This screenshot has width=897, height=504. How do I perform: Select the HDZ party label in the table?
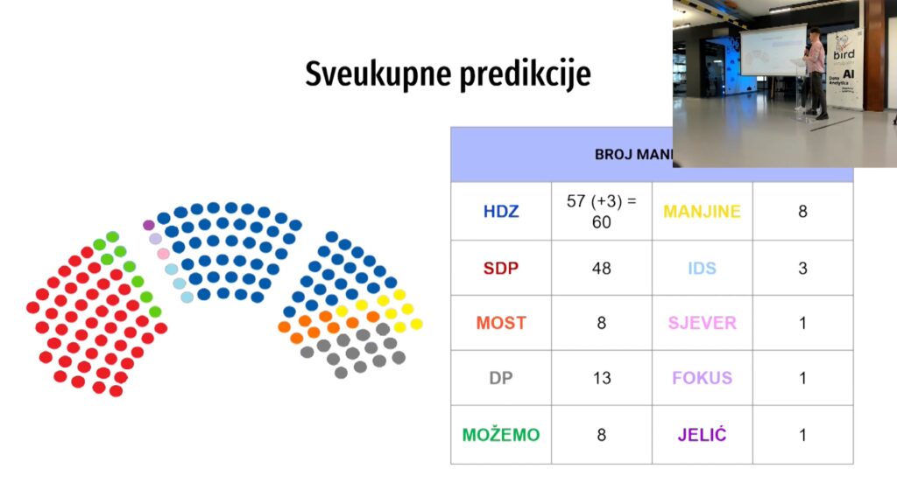[500, 211]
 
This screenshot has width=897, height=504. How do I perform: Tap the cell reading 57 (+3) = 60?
[601, 211]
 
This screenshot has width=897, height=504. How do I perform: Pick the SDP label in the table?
[500, 268]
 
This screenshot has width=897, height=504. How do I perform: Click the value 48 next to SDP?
[601, 268]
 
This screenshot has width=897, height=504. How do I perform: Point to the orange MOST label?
[500, 323]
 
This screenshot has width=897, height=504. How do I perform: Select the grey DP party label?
[500, 378]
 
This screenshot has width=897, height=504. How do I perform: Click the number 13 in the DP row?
[601, 378]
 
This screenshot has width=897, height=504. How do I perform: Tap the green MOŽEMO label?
[500, 435]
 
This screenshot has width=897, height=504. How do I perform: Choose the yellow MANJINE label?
[702, 211]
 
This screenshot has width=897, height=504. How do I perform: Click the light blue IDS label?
[702, 268]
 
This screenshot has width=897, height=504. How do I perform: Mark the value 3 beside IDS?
[802, 268]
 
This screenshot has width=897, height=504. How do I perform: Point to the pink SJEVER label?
[702, 323]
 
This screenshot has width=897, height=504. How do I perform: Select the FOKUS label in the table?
[702, 378]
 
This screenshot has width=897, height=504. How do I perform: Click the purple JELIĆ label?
[702, 435]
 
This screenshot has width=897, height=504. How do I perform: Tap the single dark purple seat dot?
[149, 225]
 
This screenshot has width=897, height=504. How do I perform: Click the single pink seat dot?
[163, 254]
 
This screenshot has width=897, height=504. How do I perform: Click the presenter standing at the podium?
[816, 70]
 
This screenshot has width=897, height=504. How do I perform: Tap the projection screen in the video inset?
[773, 49]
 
